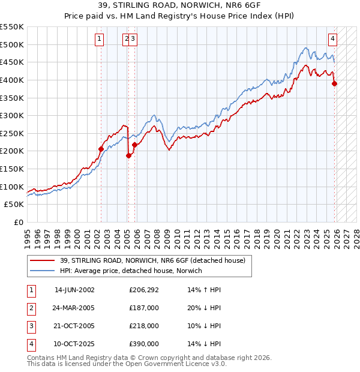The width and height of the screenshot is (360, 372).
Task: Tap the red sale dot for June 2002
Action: pyautogui.click(x=101, y=149)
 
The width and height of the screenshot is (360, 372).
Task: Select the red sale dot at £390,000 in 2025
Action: pyautogui.click(x=335, y=83)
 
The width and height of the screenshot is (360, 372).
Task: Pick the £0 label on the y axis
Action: pyautogui.click(x=19, y=222)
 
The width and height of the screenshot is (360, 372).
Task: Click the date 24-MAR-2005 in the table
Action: pyautogui.click(x=74, y=308)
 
